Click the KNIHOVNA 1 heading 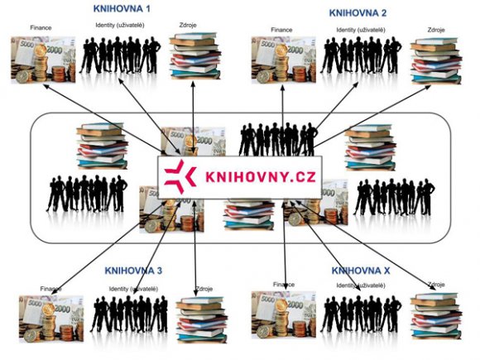(x=122, y=8)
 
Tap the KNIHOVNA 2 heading (x=358, y=13)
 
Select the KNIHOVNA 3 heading (x=133, y=271)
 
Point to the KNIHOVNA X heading (x=361, y=271)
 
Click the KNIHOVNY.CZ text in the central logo (x=260, y=177)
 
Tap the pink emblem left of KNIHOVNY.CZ (x=180, y=176)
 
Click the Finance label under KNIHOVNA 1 (x=41, y=28)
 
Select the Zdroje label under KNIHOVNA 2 (x=436, y=30)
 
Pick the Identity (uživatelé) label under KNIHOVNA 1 (x=120, y=25)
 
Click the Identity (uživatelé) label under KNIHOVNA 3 (x=133, y=289)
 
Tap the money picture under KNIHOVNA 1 (x=43, y=60)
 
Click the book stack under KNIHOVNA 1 (x=195, y=56)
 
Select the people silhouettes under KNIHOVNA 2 (x=361, y=55)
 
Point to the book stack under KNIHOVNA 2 (x=436, y=60)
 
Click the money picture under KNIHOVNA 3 (x=51, y=319)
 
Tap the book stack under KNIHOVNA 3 (x=202, y=319)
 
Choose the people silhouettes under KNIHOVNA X (x=361, y=314)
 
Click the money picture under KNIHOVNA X (x=284, y=314)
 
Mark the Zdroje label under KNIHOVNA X (x=436, y=285)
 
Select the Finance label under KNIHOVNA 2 (x=281, y=30)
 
